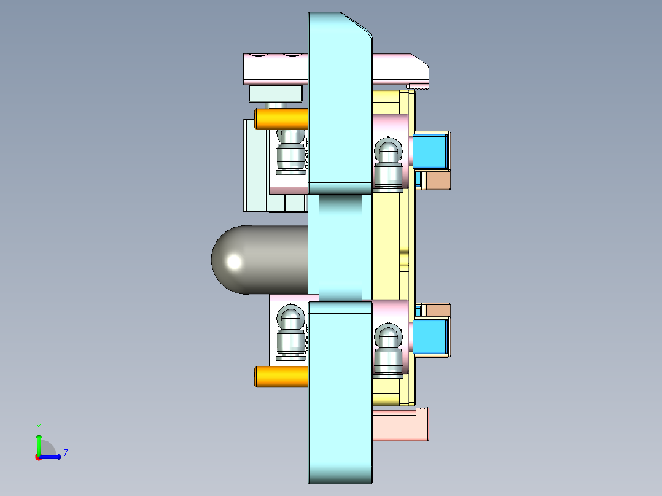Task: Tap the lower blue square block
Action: click(431, 338)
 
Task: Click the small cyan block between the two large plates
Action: click(340, 247)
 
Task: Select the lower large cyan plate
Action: click(340, 393)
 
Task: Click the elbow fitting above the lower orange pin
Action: click(290, 331)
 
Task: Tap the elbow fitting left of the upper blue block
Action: click(388, 163)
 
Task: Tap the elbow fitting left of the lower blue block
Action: click(388, 347)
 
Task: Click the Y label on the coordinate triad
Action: click(38, 426)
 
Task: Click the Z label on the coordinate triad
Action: click(65, 454)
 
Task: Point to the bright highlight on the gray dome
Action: click(234, 262)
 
